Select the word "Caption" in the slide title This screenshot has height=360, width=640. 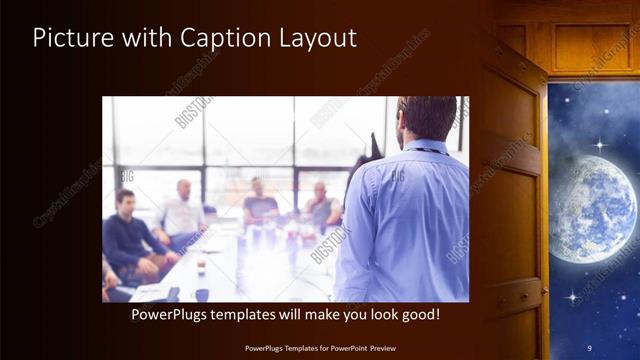click(x=216, y=39)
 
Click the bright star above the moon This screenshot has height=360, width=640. click(x=598, y=145)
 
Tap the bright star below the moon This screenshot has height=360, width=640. click(x=573, y=296)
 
